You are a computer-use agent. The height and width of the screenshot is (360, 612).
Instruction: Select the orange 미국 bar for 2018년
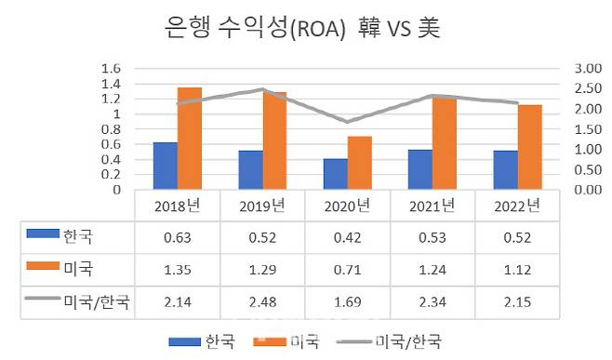coord(189,139)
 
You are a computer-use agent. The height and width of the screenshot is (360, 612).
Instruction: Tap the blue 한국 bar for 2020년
coord(335,174)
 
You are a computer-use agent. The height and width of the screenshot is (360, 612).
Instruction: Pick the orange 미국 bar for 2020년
coord(358,163)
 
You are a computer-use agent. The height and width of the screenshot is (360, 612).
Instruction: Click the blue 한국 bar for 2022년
coord(506,169)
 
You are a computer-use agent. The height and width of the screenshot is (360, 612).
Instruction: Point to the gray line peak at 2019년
coord(263,90)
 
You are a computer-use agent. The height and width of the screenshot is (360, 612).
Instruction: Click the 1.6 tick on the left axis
coord(111,69)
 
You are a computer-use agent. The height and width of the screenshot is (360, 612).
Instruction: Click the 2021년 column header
coord(432,205)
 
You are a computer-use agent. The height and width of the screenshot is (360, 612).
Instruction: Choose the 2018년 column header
coord(177,205)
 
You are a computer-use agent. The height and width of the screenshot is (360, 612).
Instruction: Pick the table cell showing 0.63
coord(177,237)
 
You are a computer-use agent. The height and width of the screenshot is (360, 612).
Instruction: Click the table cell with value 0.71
coord(347,270)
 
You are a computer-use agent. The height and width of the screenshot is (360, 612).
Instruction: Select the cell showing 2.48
coord(261,302)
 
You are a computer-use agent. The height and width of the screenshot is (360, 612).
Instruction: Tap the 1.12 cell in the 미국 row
coord(516,270)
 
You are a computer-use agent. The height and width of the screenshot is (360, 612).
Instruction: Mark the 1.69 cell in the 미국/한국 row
coord(347,302)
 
